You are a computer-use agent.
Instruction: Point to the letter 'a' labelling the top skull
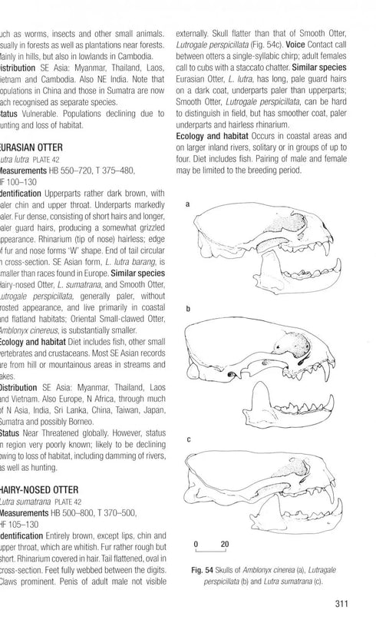[190, 205]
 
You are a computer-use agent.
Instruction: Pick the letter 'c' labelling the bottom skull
[190, 439]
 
